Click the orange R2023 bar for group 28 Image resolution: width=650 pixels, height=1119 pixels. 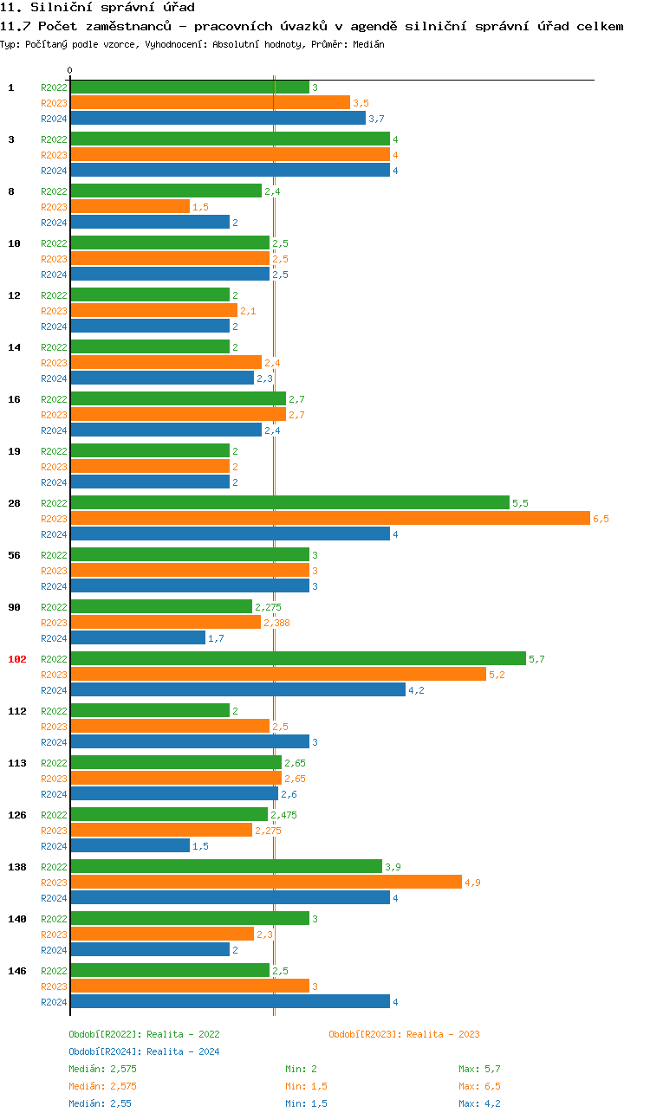(329, 518)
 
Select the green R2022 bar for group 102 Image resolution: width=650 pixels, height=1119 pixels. (298, 658)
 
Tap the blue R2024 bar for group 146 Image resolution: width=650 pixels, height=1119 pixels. (230, 1001)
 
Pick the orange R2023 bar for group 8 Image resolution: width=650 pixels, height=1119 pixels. (130, 206)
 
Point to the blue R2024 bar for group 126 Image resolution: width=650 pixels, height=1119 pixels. (130, 845)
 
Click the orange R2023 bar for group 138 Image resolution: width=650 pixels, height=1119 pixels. (266, 882)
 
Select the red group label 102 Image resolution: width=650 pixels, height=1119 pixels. (17, 659)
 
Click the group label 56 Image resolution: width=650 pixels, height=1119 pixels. (15, 555)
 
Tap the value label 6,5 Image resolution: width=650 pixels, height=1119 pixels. (601, 519)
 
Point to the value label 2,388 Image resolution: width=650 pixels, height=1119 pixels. (276, 623)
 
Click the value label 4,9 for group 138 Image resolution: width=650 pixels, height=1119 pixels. (472, 883)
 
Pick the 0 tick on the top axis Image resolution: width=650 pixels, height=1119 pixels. (70, 70)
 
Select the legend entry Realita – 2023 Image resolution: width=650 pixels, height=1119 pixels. (404, 1034)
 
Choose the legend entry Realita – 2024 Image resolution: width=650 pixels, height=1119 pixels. (144, 1051)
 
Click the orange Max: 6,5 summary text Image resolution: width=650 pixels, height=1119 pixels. (479, 1086)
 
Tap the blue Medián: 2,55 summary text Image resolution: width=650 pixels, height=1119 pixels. (100, 1103)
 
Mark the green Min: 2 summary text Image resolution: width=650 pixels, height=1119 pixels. (301, 1069)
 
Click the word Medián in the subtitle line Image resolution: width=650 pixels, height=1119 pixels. (367, 43)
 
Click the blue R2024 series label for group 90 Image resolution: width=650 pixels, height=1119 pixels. (54, 638)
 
